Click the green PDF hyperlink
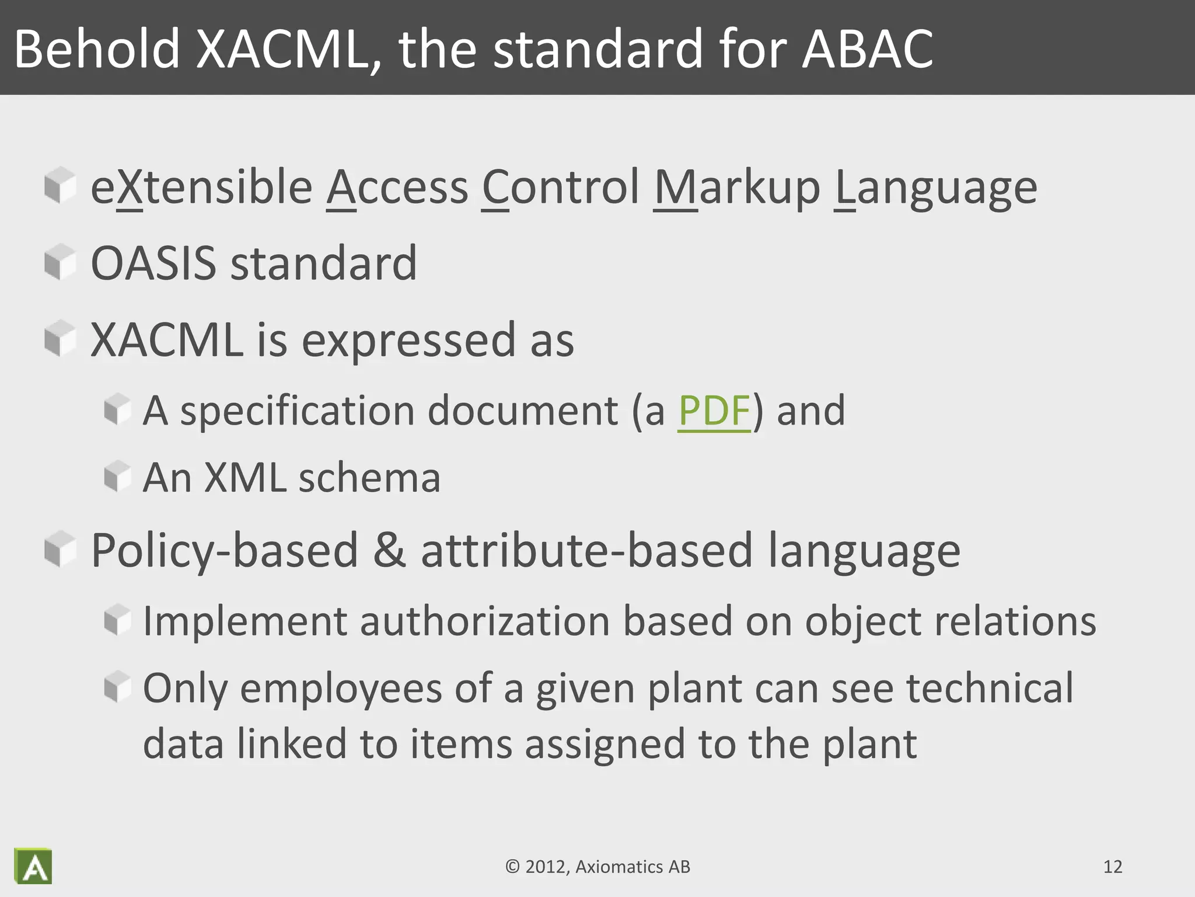714,411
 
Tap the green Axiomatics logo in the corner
33,866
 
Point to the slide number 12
1113,867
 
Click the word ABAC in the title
867,49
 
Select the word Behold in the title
97,49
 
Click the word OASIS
153,263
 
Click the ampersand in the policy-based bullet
389,550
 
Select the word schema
369,478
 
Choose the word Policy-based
225,551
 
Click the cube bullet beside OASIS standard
60,262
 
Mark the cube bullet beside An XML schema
117,476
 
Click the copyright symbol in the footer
512,867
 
